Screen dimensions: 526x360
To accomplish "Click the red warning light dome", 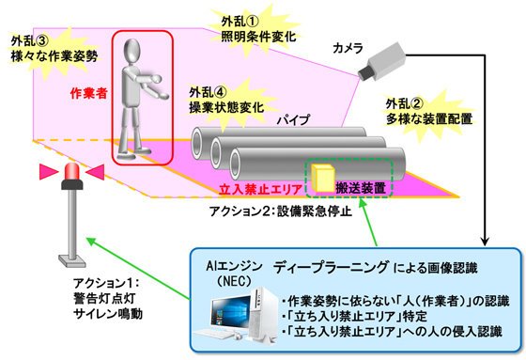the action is coord(72,171).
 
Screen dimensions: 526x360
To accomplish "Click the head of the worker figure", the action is coord(131,51).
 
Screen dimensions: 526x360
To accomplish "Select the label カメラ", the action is coord(348,49).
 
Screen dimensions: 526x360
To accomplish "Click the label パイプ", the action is coord(293,120).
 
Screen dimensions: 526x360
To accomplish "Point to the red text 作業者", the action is coord(89,93).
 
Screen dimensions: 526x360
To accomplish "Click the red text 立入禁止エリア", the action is coord(261,190).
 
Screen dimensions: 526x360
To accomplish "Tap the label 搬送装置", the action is coord(361,188).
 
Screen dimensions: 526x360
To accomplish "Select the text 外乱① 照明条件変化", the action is coord(258,29).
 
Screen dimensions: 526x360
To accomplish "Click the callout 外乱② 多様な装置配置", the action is coord(429,112).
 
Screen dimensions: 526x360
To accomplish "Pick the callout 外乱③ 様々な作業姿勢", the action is coord(54,49).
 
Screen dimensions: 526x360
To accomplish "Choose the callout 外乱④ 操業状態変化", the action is coord(226,100).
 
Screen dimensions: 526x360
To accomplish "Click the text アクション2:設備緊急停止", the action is coord(281,211).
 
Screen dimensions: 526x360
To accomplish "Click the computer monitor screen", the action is coord(231,313).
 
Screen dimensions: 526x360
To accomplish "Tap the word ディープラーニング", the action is coord(331,267).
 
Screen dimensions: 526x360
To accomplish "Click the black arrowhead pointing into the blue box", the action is coord(485,242).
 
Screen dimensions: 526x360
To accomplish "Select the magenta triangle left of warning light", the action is coord(49,172).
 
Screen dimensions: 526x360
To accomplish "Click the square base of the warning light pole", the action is coord(72,260).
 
